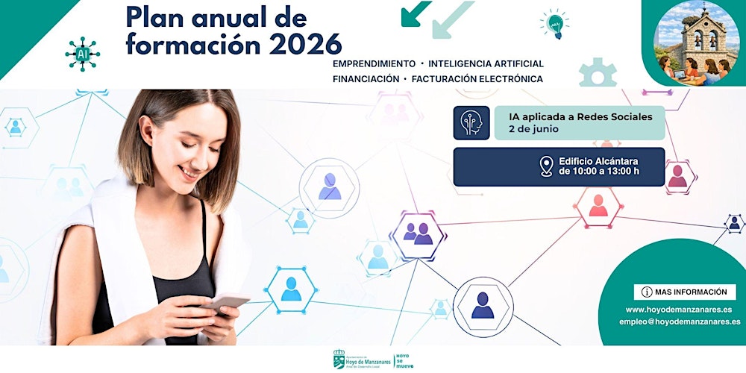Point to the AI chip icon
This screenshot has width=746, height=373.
81,53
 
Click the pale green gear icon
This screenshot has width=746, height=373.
598,72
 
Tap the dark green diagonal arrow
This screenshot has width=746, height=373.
415,13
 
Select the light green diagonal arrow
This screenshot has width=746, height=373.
452,19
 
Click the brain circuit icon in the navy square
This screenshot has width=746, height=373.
471,123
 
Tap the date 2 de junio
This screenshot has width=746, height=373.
533,129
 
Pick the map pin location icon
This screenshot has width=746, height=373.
547,166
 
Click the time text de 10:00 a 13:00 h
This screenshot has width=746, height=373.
599,172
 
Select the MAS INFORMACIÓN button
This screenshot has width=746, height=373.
684,292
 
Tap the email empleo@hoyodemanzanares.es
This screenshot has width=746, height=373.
680,322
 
